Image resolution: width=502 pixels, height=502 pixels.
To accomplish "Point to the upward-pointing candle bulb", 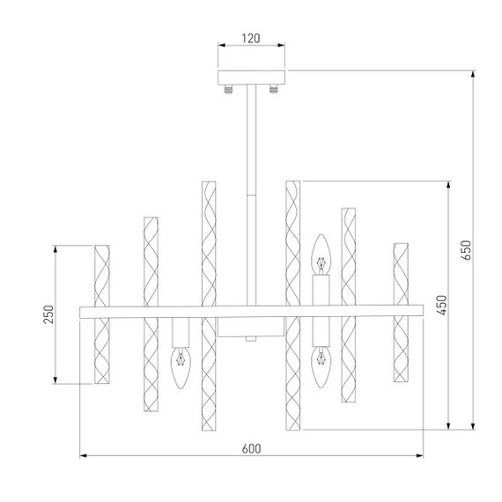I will pos(321,255).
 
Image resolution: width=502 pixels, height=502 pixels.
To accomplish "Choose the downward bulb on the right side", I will pos(321,368).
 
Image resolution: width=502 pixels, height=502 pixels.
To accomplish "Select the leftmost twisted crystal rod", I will pos(101,314).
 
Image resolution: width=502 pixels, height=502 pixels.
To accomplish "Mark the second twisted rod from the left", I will pos(150,313).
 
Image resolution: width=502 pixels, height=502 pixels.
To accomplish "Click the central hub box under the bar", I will pos(251,327).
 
